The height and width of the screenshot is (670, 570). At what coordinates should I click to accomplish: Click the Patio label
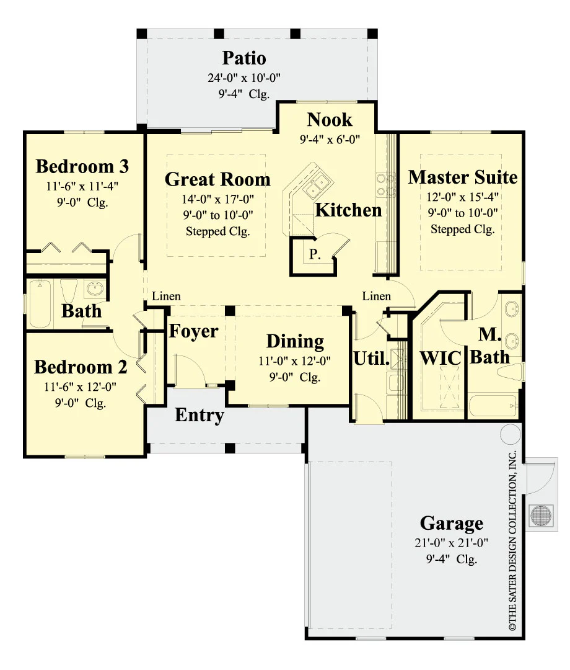(244, 58)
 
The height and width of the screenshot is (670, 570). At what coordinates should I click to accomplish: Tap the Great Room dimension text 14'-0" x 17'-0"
(217, 199)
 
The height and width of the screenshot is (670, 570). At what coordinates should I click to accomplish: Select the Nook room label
(330, 120)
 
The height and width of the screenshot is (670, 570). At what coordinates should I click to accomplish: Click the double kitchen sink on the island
(316, 185)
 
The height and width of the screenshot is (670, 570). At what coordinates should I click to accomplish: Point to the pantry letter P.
(315, 254)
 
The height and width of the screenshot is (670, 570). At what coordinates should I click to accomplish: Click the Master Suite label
(462, 177)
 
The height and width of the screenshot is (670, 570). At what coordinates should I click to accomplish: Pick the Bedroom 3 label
(82, 166)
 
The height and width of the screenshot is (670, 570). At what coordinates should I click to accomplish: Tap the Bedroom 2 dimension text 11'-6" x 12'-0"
(80, 387)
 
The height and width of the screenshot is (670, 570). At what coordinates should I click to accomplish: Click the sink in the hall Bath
(95, 289)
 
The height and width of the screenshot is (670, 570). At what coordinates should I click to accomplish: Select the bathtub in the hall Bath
(40, 304)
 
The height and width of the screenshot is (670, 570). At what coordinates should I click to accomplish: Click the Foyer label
(193, 331)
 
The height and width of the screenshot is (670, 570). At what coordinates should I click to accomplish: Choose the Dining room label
(295, 341)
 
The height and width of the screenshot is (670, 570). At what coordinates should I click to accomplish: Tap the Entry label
(199, 415)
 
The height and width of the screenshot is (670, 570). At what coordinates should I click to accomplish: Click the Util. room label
(371, 359)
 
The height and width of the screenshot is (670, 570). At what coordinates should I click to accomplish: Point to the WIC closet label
(441, 359)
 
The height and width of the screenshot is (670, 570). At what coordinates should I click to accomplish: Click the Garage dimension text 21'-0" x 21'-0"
(452, 543)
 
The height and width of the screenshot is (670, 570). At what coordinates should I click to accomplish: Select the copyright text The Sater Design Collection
(512, 540)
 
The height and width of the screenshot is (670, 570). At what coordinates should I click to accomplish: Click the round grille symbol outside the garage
(541, 515)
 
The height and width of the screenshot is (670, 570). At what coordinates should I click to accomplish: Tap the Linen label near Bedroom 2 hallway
(166, 296)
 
